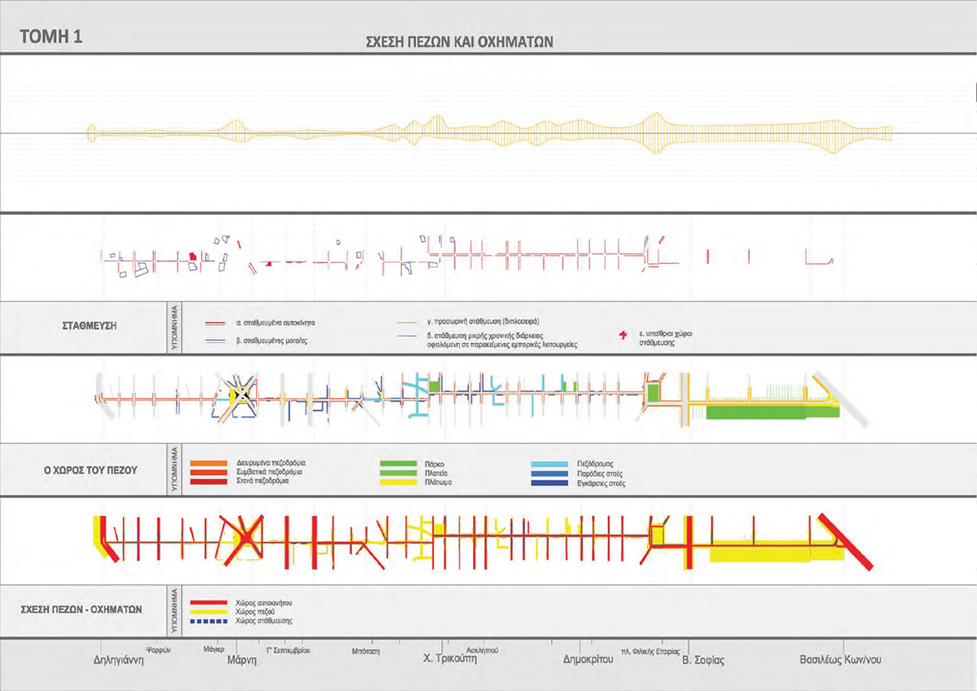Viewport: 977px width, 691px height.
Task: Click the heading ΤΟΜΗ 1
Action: point(51,36)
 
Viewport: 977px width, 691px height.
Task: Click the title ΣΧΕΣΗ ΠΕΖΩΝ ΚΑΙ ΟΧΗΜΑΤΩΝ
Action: point(459,42)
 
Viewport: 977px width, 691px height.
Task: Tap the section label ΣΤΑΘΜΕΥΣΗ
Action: point(89,326)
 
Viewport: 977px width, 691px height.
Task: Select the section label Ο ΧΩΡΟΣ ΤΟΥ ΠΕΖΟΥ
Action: point(91,470)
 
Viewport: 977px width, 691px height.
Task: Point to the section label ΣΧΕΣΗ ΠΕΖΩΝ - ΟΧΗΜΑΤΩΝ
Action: point(81,610)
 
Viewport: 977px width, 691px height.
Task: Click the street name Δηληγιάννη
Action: point(119,660)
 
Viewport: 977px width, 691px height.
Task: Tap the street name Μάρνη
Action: point(242,660)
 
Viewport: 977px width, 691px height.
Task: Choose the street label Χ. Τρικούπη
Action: point(449,658)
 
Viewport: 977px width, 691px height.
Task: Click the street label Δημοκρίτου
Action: point(588,659)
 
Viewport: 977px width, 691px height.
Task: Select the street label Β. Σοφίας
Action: point(703,660)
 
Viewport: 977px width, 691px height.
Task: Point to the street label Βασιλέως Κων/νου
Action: point(840,660)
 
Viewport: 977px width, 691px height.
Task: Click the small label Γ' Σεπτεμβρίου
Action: point(289,650)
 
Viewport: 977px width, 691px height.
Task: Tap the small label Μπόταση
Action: point(365,651)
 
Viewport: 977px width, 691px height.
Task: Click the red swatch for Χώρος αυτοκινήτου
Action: point(208,603)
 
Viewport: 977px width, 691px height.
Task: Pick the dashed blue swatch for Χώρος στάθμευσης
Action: point(208,621)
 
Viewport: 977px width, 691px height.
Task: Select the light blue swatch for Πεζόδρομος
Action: point(549,464)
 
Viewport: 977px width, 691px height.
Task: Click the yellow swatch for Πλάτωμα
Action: point(398,483)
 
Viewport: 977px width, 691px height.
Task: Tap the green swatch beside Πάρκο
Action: point(398,464)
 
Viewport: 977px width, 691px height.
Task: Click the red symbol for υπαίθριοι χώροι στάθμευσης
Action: point(623,335)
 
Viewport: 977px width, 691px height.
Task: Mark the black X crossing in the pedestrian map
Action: point(242,394)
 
